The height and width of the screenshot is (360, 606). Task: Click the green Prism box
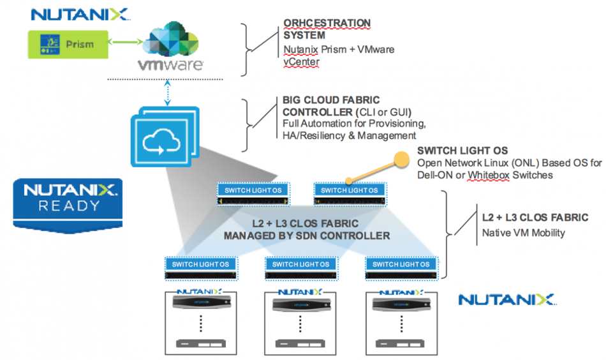(68, 45)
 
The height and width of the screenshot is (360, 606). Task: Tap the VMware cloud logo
(170, 47)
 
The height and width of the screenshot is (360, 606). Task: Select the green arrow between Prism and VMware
(126, 41)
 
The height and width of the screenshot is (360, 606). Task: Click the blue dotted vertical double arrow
(167, 93)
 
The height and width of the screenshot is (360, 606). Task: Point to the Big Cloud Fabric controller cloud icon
(165, 137)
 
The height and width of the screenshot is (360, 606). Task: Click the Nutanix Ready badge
(68, 206)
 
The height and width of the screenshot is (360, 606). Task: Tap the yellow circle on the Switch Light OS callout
(401, 160)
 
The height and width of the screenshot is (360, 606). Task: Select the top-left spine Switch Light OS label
(253, 190)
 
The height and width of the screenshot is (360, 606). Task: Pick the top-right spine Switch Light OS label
(350, 190)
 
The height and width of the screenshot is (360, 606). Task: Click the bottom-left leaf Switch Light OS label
(200, 264)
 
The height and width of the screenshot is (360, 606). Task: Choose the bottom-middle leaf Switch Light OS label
(300, 264)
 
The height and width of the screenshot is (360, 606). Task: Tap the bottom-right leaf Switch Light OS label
(401, 264)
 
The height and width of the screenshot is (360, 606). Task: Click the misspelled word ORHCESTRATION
(327, 23)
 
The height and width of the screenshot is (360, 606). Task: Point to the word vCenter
(302, 62)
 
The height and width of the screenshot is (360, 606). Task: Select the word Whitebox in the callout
(489, 175)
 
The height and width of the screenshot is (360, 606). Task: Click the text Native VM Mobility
(523, 233)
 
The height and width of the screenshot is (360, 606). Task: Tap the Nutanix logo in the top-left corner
(80, 14)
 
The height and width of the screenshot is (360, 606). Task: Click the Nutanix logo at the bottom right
(506, 299)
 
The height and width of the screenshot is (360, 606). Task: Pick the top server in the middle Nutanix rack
(300, 304)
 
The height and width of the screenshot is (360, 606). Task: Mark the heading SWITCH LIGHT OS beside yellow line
(462, 151)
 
